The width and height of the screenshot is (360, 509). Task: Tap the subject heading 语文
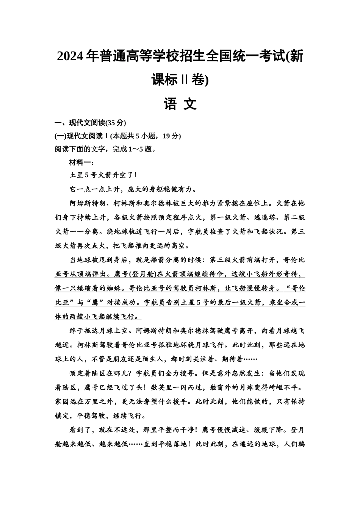180,103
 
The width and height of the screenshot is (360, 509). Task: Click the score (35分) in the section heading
115,123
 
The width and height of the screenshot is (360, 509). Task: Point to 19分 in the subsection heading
173,136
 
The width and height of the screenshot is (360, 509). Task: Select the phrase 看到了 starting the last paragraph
80,430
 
